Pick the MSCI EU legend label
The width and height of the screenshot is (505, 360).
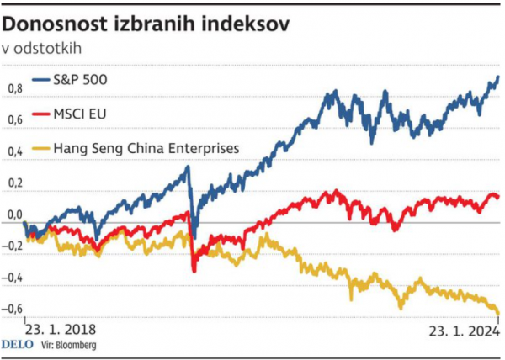pyautogui.click(x=82, y=114)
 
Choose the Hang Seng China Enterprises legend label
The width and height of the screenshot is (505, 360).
pyautogui.click(x=146, y=147)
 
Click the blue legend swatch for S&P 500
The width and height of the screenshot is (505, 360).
pyautogui.click(x=40, y=82)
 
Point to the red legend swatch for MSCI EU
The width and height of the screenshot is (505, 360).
pyautogui.click(x=40, y=114)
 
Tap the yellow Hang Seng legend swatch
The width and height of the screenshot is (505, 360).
pyautogui.click(x=40, y=147)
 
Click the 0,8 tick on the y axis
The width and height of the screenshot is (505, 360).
pyautogui.click(x=14, y=88)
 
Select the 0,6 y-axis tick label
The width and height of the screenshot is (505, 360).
pyautogui.click(x=14, y=119)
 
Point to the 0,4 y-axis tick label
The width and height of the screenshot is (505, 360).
pyautogui.click(x=14, y=151)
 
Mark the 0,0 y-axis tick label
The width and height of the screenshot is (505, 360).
pyautogui.click(x=14, y=214)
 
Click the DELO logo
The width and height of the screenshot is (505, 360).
pyautogui.click(x=17, y=345)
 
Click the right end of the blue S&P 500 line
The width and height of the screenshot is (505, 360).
pyautogui.click(x=497, y=77)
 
